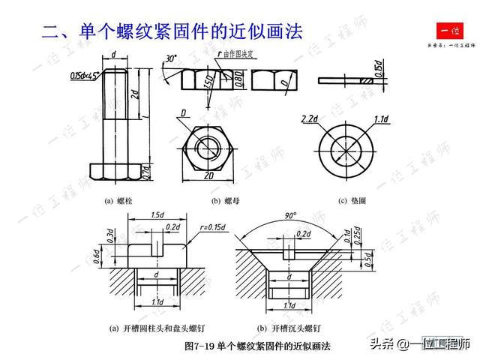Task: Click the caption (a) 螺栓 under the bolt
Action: tap(118, 200)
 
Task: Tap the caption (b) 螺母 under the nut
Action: tap(226, 200)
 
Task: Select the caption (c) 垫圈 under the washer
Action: tap(352, 200)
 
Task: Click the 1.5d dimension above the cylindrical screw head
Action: tap(157, 214)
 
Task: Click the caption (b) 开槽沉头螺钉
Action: tap(289, 328)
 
